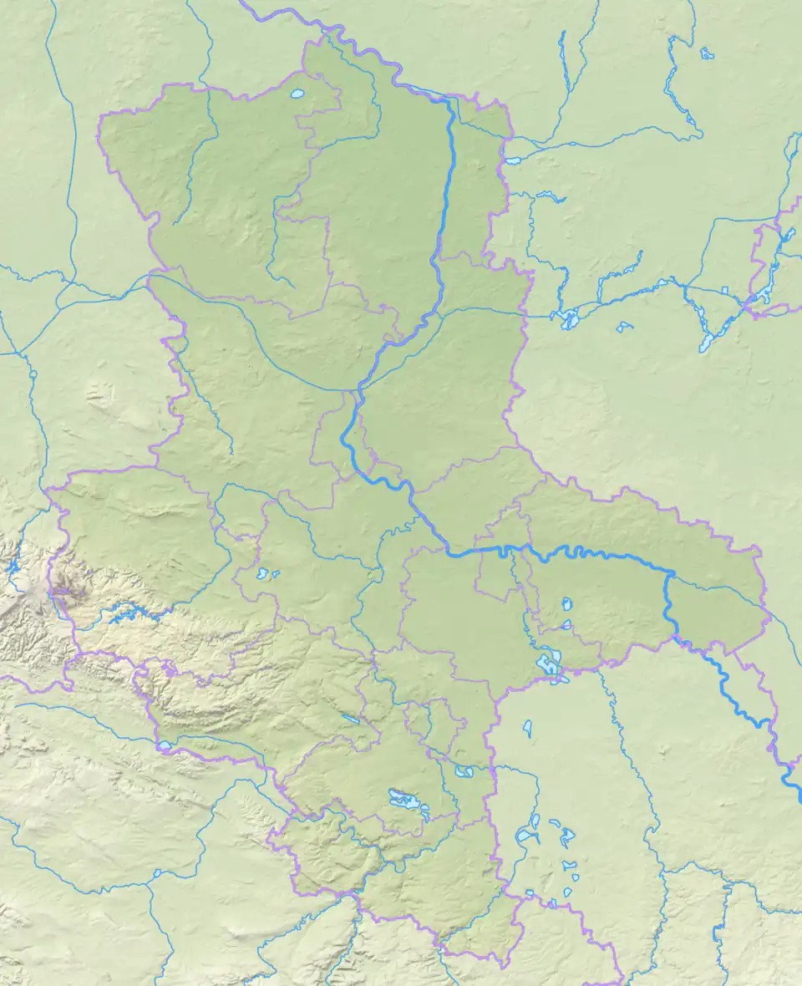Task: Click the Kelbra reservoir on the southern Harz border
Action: click(165, 745)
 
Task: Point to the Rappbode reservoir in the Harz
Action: click(125, 617)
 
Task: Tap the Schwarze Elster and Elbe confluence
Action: click(669, 575)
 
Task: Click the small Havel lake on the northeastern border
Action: click(513, 156)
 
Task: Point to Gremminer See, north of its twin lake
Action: click(567, 603)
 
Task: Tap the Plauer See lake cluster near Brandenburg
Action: click(568, 318)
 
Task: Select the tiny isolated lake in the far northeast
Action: click(707, 54)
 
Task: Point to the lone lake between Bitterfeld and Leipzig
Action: click(528, 729)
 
